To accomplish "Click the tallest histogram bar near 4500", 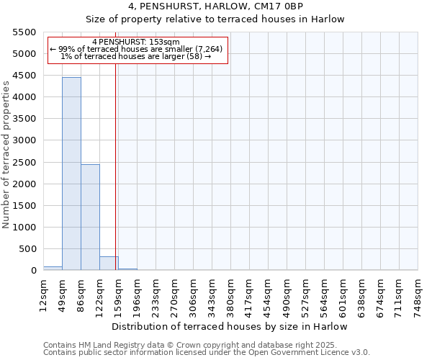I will pos(71,173).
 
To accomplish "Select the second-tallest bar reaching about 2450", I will pos(90,216).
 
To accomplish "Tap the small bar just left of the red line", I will pos(108,264).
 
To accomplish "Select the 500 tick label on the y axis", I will pos(28,249).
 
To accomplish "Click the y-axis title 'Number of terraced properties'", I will pos(7,155).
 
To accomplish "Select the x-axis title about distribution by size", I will pos(230,326).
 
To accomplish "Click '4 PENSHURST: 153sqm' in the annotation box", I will pos(136,42).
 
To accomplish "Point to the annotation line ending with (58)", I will pos(136,56).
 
